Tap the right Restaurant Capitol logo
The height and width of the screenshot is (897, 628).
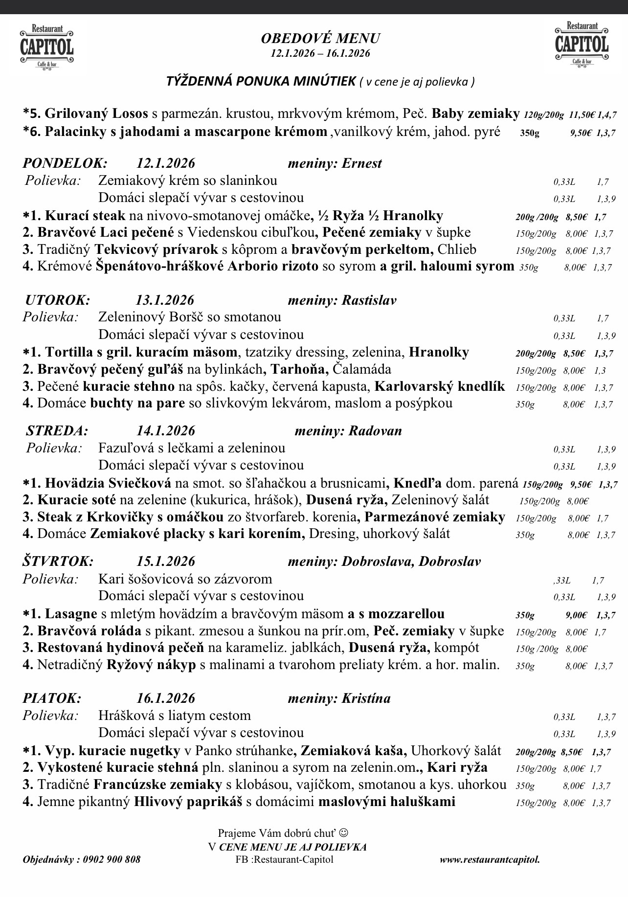click(x=582, y=43)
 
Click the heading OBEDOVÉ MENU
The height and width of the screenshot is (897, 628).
click(x=320, y=39)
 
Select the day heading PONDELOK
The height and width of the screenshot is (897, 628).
click(x=65, y=163)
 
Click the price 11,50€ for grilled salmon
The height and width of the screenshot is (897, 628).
click(x=582, y=115)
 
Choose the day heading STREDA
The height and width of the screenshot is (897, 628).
click(x=57, y=431)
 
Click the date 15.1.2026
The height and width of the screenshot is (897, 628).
click(x=165, y=561)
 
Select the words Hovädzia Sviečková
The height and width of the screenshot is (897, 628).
click(x=108, y=483)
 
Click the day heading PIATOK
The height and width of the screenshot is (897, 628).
click(x=52, y=698)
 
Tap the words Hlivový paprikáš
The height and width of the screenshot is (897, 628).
click(x=190, y=802)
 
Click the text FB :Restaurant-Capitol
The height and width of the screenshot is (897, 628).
click(x=284, y=859)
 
